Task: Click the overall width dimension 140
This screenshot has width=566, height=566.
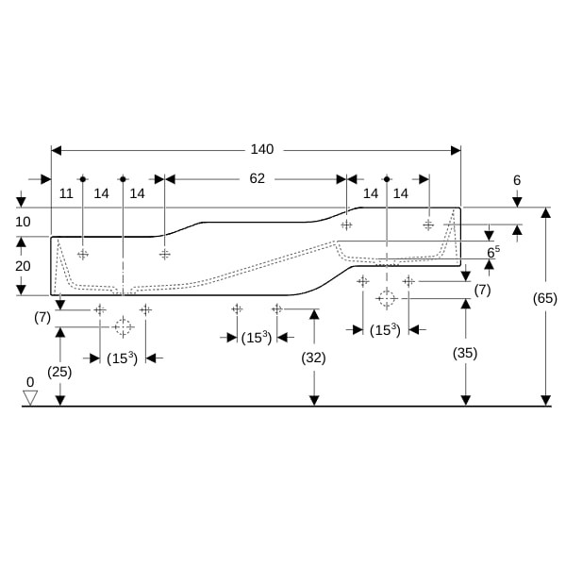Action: click(262, 149)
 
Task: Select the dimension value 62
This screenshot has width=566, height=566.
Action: click(257, 178)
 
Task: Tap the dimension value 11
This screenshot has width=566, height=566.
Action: click(66, 193)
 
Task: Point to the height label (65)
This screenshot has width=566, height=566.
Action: click(545, 298)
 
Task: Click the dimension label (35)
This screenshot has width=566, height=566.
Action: click(465, 353)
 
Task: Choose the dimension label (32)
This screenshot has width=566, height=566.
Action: click(313, 358)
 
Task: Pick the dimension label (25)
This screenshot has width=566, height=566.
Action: click(59, 372)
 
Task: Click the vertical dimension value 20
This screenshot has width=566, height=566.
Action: click(23, 266)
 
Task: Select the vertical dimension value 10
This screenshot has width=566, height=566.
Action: click(23, 222)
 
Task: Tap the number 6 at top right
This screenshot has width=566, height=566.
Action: click(517, 180)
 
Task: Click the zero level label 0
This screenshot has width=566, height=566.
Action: click(30, 382)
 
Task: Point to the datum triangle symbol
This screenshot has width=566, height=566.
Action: click(30, 398)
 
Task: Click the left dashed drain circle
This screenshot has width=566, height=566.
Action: click(123, 327)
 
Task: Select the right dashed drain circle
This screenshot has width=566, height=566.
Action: click(387, 298)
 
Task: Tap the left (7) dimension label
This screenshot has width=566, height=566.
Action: click(42, 318)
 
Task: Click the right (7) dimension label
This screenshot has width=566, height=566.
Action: click(483, 290)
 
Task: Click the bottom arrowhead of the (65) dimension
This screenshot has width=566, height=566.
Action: click(546, 401)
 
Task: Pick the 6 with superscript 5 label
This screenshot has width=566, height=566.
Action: click(493, 252)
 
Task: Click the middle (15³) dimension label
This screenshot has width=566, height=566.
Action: click(257, 338)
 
